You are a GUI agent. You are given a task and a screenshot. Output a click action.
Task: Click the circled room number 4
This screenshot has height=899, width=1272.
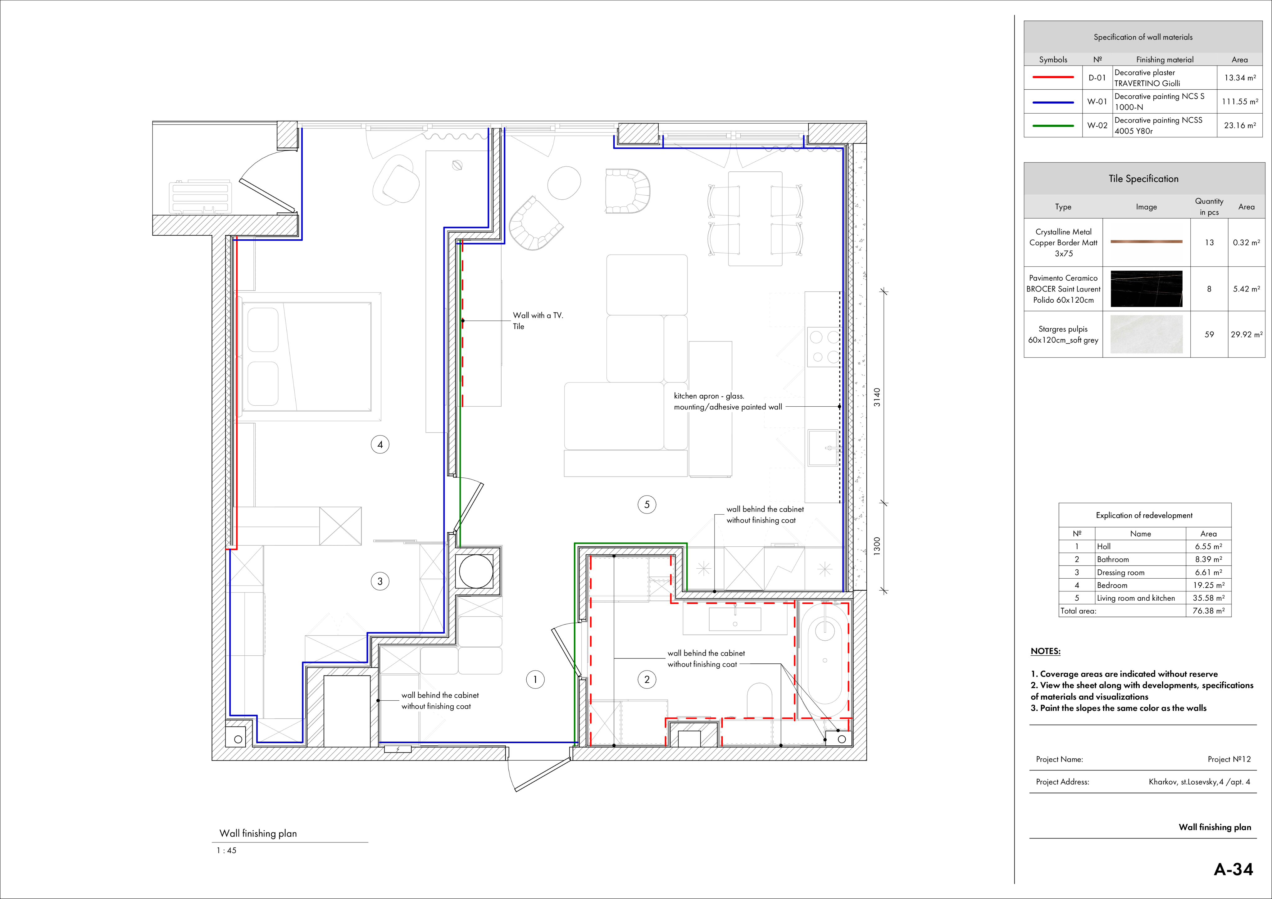click(x=380, y=444)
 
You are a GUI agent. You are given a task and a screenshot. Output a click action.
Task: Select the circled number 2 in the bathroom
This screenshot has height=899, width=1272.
click(x=647, y=680)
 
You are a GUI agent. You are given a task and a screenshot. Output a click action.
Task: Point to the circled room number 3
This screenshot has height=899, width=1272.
click(x=380, y=581)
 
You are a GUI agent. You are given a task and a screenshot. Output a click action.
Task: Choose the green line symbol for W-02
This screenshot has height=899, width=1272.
click(x=1053, y=126)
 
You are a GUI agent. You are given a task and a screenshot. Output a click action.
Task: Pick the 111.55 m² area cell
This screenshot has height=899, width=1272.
click(x=1240, y=102)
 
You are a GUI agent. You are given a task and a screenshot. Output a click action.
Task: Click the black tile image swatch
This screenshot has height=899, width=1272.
click(x=1146, y=289)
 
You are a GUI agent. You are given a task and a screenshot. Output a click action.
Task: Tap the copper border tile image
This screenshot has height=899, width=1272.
click(x=1146, y=242)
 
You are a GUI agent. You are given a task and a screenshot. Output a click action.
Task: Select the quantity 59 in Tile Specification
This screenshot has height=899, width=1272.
click(x=1209, y=335)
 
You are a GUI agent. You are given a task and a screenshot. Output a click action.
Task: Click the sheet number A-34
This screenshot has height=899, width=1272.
click(x=1233, y=869)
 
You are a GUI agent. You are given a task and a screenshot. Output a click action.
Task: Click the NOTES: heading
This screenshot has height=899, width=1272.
click(x=1045, y=651)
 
